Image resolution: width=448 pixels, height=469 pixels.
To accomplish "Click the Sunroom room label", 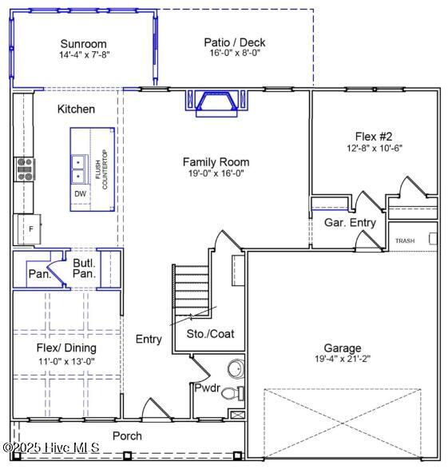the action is pos(83,44).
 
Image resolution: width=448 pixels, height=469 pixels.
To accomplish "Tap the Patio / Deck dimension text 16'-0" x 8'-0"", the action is pos(235,53).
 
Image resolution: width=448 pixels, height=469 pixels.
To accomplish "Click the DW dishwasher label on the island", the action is pos(80,194).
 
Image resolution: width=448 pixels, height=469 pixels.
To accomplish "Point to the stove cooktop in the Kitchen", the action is pos(25,169).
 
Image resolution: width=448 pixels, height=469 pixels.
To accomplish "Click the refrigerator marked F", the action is pos(29,229).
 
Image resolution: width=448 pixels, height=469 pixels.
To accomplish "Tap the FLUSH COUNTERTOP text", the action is pos(101,169).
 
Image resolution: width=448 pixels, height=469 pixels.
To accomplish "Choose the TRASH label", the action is pos(405,240).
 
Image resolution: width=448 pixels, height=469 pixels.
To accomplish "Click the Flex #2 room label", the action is pos(374,137).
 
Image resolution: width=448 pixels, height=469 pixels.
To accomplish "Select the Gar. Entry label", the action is pos(350,223).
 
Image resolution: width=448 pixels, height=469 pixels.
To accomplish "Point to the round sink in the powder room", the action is pos(236,369).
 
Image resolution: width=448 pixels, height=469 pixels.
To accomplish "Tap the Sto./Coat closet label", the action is pos(210,334).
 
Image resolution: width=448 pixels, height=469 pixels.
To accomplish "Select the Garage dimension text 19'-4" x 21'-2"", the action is pos(343,359).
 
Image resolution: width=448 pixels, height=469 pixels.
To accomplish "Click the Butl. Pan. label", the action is pos(85,268).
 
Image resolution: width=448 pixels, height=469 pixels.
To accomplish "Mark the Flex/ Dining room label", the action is pos(66,348).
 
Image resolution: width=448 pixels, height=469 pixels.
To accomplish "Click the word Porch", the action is pos(127,436).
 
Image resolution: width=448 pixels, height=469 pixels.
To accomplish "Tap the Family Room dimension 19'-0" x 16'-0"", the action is pos(216,173).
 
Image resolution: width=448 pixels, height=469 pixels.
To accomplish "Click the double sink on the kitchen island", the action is pos(78,169).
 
